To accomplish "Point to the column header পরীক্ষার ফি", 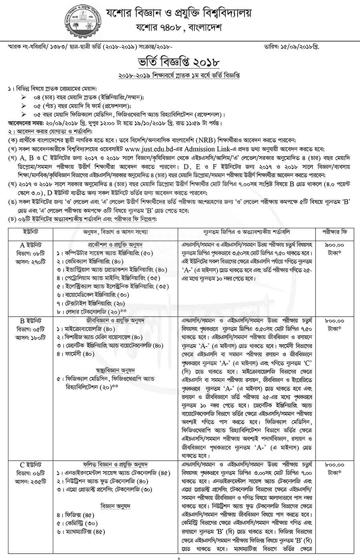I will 335,232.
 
